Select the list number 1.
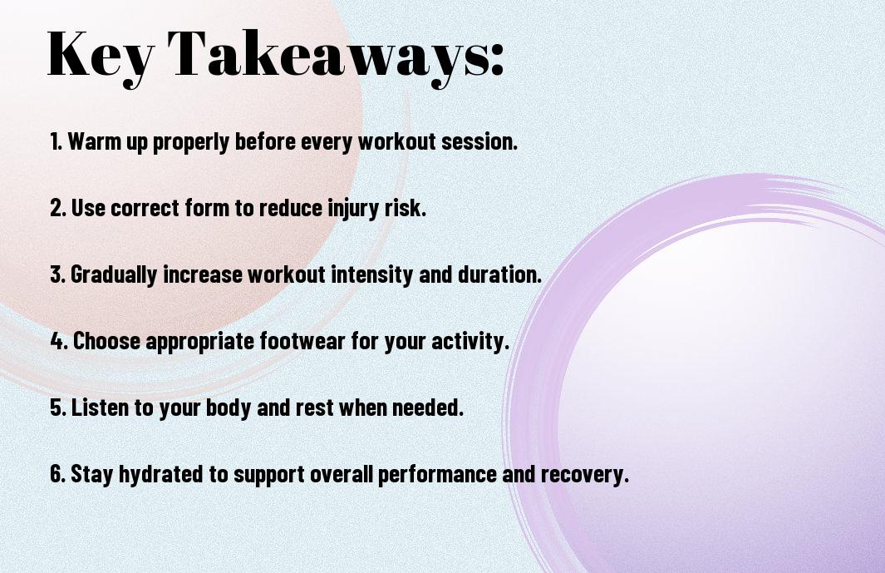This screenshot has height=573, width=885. coord(56,141)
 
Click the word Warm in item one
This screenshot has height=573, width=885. coord(91,141)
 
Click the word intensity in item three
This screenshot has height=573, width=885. coord(372,274)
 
